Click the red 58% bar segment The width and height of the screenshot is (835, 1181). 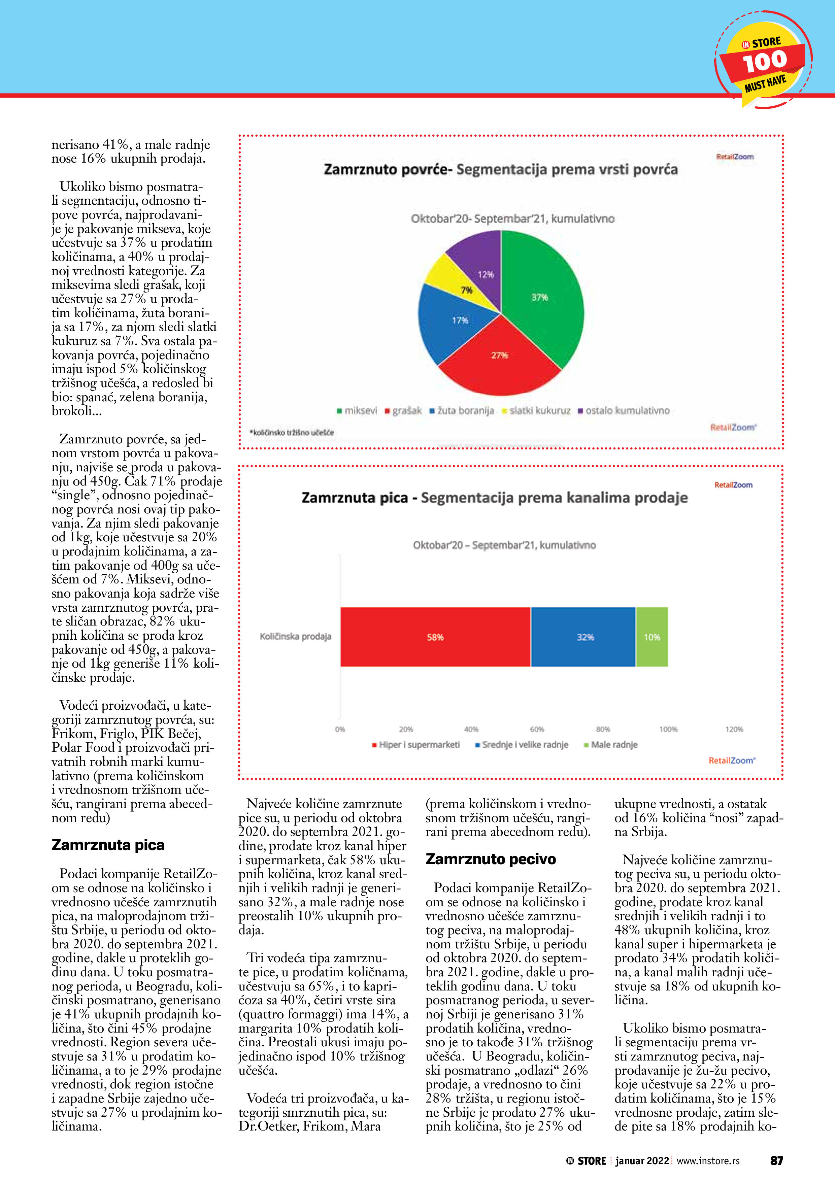coord(435,637)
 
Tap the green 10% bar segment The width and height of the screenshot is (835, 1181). coord(652,637)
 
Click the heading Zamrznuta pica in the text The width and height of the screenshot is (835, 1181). coord(108,845)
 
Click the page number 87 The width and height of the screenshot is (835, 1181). coord(776,1161)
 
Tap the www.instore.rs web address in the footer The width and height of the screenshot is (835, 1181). coord(708,1161)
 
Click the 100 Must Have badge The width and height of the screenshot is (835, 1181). coord(764,61)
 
